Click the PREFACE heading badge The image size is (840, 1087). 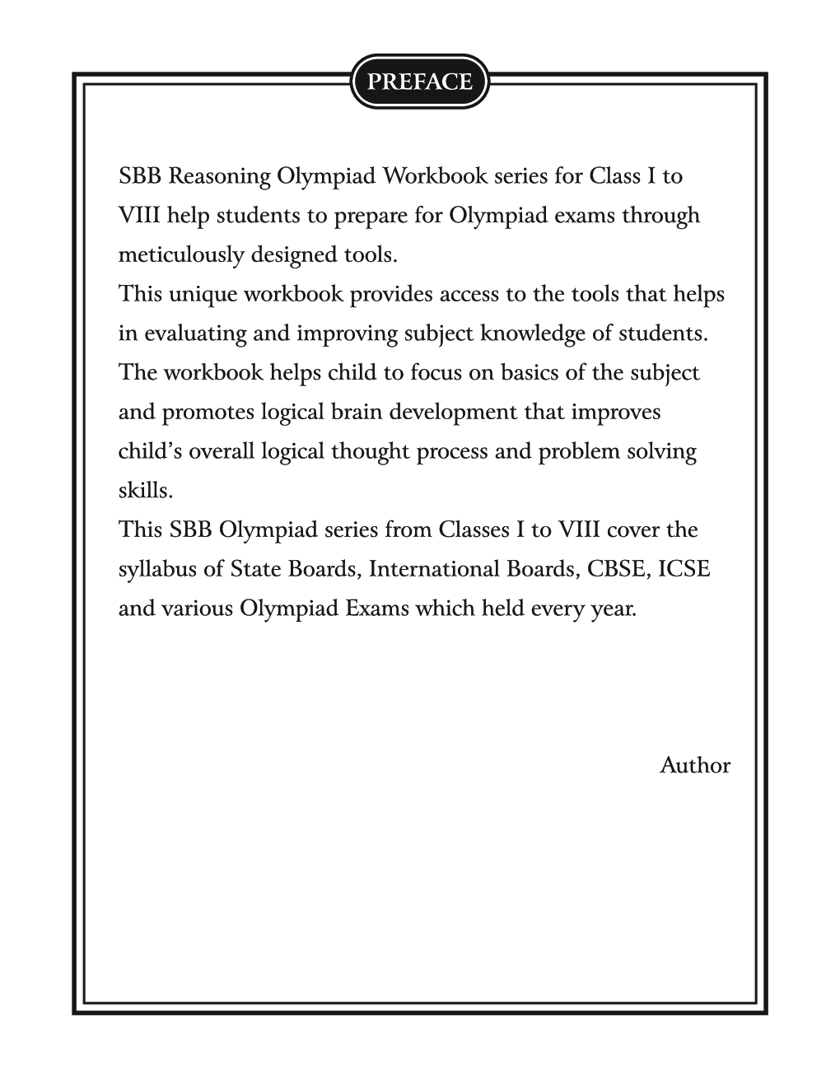click(x=420, y=82)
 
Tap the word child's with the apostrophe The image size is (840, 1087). click(x=152, y=451)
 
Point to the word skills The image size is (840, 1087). click(x=145, y=491)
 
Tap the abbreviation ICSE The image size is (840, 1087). click(x=687, y=569)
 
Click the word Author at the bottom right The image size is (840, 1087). click(x=694, y=766)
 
